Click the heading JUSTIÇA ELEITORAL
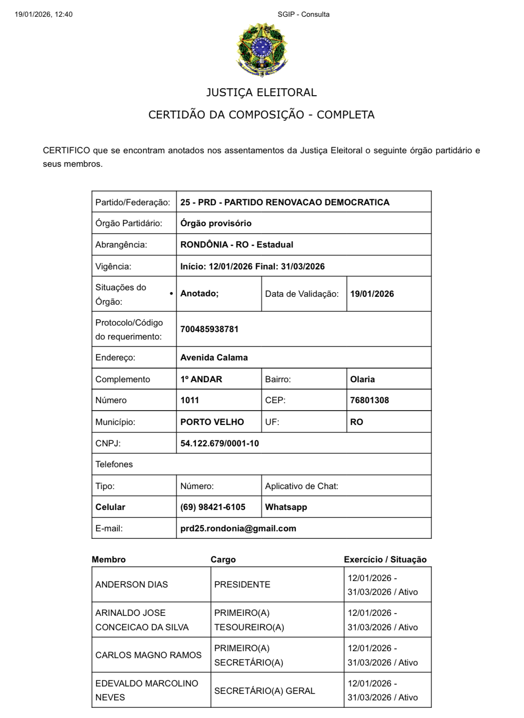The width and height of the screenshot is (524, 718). (262, 92)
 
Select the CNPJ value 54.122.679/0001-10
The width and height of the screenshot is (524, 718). (219, 444)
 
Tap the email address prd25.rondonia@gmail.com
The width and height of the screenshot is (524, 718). (238, 529)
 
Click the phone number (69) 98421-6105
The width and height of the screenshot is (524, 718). (213, 507)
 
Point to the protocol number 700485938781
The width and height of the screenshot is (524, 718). (209, 329)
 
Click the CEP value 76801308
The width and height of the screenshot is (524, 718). (369, 400)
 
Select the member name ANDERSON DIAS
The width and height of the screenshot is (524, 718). (131, 585)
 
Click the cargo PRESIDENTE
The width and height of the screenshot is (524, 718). (242, 585)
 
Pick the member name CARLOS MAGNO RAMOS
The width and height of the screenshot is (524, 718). (148, 655)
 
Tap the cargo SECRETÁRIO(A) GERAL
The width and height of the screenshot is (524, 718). (264, 691)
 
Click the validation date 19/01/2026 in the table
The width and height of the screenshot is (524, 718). (372, 294)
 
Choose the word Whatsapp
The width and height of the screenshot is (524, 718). (286, 507)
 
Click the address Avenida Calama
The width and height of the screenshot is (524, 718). (214, 358)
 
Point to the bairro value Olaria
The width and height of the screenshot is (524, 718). (362, 379)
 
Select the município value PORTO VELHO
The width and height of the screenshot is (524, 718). (212, 422)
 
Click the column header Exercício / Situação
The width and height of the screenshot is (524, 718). (385, 560)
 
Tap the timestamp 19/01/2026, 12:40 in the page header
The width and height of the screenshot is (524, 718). (44, 14)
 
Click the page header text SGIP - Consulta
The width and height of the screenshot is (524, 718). (303, 14)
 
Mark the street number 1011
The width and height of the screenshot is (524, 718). (190, 400)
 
